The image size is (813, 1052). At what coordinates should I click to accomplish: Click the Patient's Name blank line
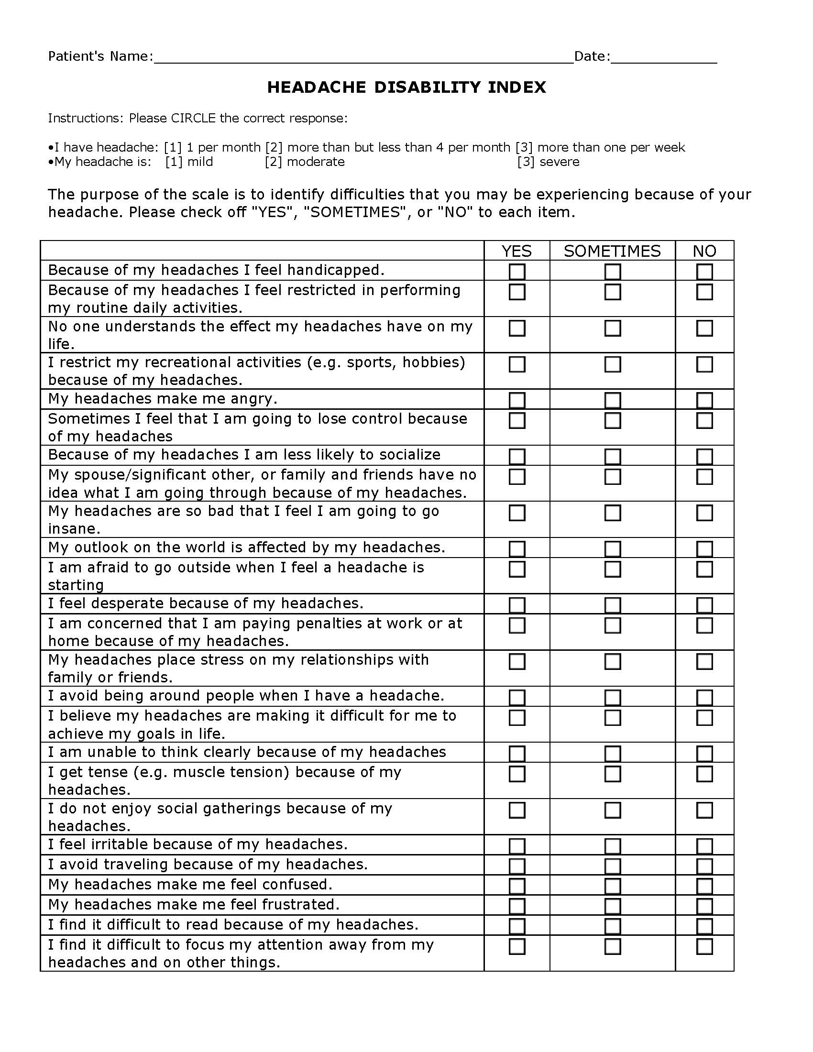coord(363,58)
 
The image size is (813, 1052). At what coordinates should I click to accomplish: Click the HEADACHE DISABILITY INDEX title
coord(406,87)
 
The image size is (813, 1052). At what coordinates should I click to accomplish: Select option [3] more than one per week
coord(600,147)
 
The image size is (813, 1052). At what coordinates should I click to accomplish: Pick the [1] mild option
coord(189,162)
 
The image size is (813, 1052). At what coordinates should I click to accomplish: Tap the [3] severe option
coord(548,162)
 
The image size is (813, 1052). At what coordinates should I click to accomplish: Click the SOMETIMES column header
coord(612,251)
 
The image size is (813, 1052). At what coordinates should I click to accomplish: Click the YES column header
coord(516,251)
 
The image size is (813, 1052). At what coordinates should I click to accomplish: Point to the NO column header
coord(704,251)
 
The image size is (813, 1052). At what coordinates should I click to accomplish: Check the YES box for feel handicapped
coord(517,272)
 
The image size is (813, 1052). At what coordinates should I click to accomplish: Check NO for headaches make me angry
coord(704,400)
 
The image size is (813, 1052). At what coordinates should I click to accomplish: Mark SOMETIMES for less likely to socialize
coord(612,456)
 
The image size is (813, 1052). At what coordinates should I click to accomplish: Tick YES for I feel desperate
coord(517,605)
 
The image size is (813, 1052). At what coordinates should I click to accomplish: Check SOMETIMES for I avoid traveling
coord(612,866)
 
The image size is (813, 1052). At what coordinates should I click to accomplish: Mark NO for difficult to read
coord(704,926)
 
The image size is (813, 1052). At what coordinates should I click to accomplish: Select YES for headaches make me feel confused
coord(517,886)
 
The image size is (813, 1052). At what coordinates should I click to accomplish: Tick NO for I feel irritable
coord(704,846)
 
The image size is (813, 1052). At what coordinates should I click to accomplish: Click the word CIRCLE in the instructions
coord(193,119)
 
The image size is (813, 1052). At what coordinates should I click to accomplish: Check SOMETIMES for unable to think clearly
coord(612,753)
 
